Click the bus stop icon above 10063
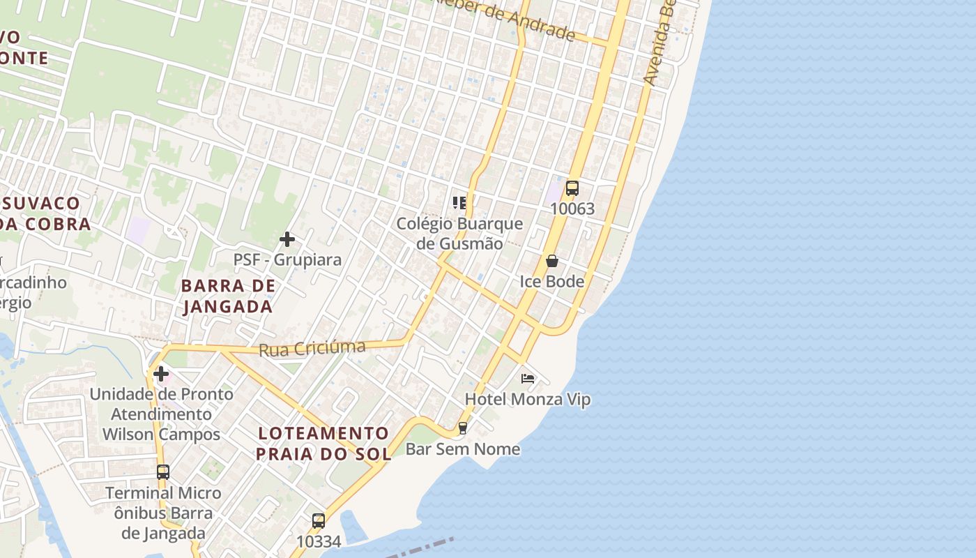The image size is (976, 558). [x=572, y=188]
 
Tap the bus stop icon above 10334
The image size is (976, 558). [x=319, y=520]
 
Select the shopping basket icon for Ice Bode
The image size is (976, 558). [x=552, y=261]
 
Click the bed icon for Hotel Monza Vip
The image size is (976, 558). [x=528, y=379]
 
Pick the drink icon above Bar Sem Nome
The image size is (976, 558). [x=462, y=428]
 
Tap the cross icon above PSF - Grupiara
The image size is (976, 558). [x=287, y=239]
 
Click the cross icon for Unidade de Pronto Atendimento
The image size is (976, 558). [x=161, y=374]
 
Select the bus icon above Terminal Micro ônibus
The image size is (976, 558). [x=162, y=472]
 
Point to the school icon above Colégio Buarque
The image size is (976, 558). [x=459, y=203]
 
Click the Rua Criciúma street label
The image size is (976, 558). [x=312, y=348]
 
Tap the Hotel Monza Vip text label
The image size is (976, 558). [x=528, y=400]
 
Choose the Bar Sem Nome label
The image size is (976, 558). [x=463, y=448]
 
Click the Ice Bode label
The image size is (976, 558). [x=552, y=281]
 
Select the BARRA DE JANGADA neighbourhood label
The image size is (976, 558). [x=227, y=296]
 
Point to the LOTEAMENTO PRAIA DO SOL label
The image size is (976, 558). [x=323, y=444]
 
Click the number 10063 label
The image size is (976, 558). [x=572, y=209]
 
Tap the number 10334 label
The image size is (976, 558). [x=319, y=541]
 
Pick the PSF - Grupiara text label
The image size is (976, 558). [x=287, y=259]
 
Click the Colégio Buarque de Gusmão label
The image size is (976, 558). [x=459, y=234]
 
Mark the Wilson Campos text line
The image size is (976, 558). [x=161, y=434]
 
